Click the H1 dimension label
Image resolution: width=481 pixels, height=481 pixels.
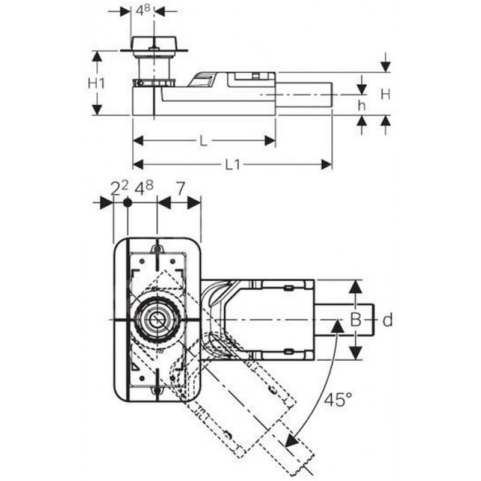coord(96,83)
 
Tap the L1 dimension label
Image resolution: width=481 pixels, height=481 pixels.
coord(233,165)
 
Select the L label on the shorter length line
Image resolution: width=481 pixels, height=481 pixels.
coord(204,141)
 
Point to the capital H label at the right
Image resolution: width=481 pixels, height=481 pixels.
coord(385,94)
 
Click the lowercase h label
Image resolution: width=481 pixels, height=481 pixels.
coord(362,105)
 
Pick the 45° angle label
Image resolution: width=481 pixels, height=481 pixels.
coord(338,399)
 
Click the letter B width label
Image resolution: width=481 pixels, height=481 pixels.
coord(355,320)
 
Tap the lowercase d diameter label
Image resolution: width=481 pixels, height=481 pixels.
coord(388,320)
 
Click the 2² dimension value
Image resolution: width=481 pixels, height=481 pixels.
coord(119,188)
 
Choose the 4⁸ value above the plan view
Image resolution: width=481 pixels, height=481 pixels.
coord(144,188)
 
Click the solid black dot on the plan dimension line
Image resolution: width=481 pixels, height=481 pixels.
coord(127,203)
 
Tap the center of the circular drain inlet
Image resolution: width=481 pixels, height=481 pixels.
coord(157,320)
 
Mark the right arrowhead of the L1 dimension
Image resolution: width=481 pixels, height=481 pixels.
coord(326,165)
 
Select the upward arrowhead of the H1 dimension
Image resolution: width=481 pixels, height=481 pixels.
coord(97,57)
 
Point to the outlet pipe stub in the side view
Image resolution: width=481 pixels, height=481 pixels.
coord(304,94)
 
